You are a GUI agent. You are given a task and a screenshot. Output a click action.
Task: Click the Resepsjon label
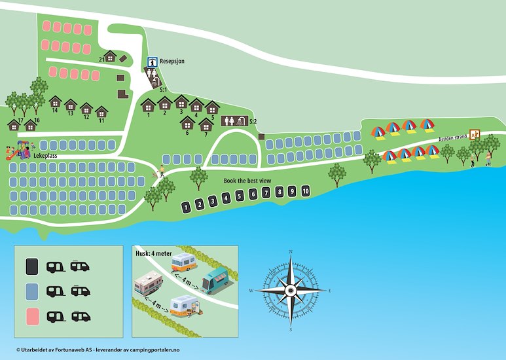[x=173, y=61]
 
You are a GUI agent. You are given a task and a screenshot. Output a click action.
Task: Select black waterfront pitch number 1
[x=186, y=207]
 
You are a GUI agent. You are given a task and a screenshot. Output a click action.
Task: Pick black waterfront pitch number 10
[x=306, y=191]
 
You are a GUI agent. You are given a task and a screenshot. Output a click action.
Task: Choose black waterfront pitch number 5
[x=240, y=196]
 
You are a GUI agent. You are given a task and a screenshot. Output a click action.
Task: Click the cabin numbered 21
[x=110, y=56]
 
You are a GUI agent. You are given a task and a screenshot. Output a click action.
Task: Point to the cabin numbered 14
[x=55, y=102]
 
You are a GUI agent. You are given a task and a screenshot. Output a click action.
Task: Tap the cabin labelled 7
[x=206, y=124]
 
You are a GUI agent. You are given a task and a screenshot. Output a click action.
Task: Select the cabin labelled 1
[x=149, y=105]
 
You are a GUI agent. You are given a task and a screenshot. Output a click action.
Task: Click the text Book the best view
[x=247, y=180]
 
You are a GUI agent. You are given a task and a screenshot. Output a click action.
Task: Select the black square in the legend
[x=31, y=266]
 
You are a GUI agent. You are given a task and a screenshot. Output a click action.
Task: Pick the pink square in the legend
[x=31, y=316]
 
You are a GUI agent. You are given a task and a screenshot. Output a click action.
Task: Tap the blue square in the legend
[x=31, y=291]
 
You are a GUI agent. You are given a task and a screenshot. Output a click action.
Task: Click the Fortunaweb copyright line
[x=98, y=351]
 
